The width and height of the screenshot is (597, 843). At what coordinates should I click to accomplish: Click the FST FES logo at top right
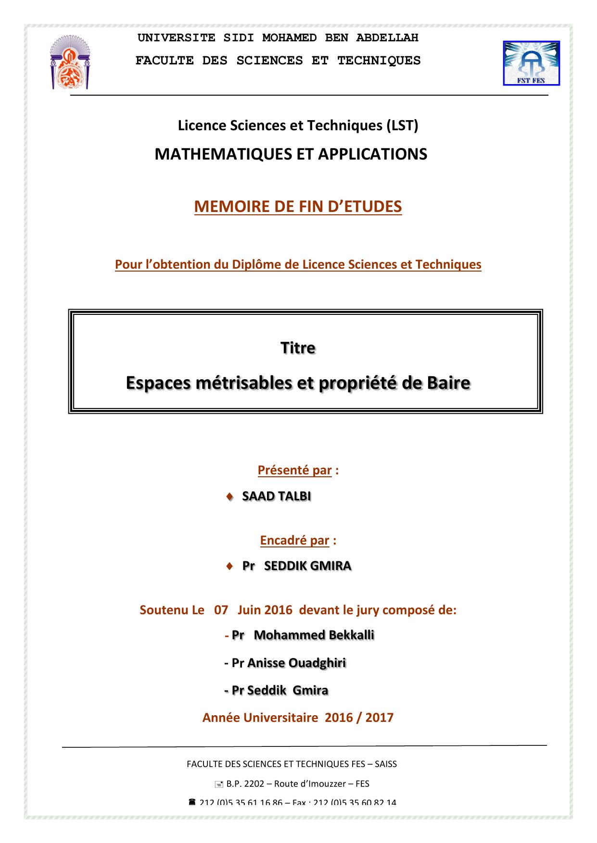tap(531, 63)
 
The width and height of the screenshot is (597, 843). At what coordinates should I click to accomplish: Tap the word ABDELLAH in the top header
tap(387, 37)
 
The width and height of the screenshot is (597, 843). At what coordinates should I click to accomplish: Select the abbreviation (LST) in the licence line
tap(402, 125)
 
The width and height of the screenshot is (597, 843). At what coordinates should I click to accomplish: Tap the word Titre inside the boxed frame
tap(298, 347)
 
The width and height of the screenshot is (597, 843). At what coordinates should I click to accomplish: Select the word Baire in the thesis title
tap(447, 383)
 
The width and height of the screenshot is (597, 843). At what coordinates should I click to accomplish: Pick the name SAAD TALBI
tap(276, 496)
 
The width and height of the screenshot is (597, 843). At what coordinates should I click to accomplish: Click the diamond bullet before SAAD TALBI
tap(229, 496)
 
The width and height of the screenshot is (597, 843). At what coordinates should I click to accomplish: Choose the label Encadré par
tap(294, 540)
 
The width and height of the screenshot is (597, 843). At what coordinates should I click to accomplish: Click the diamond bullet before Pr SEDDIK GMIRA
tap(229, 566)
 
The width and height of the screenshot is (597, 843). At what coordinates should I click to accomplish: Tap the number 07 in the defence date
tap(221, 610)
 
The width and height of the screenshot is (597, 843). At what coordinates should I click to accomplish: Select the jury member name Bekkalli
tap(351, 635)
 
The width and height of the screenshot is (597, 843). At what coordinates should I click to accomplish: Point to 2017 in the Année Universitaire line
tap(379, 718)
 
